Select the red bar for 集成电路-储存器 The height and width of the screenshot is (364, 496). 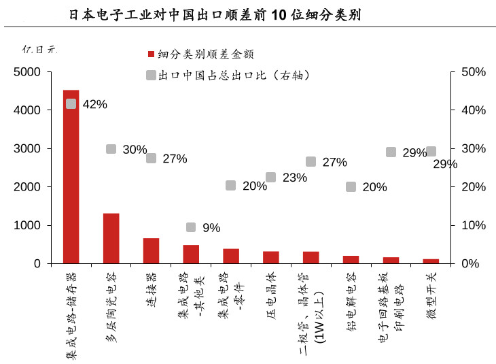(71, 176)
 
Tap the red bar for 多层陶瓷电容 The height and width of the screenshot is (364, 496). (111, 238)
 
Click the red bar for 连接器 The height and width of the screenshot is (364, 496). (151, 250)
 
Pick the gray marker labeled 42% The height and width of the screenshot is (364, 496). (71, 103)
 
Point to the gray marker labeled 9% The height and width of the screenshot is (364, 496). (191, 227)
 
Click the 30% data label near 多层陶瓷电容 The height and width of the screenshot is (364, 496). (135, 150)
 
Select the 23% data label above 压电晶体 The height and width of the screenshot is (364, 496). (295, 178)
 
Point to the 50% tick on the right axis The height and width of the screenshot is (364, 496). (473, 72)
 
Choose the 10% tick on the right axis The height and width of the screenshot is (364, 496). (473, 225)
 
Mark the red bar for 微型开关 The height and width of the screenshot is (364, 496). (431, 261)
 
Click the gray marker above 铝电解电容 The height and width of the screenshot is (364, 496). (351, 186)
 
